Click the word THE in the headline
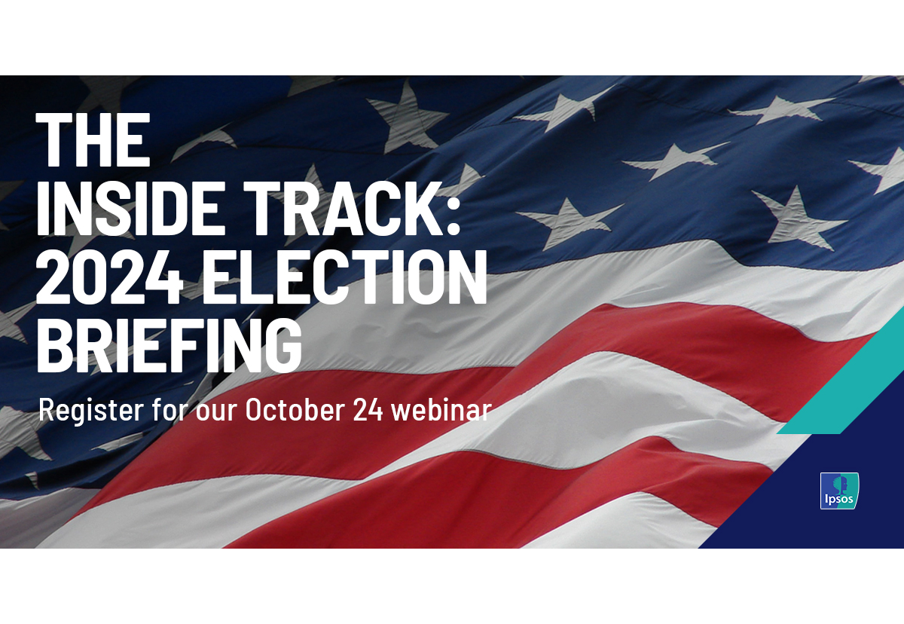(93, 139)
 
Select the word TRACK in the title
(337, 208)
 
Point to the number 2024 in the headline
(109, 277)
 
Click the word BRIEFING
(169, 345)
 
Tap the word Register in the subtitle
(91, 411)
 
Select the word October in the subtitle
(290, 410)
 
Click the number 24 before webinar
(368, 410)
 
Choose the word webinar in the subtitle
(441, 410)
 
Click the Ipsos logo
(839, 491)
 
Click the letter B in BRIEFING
(54, 345)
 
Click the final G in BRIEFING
(284, 345)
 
